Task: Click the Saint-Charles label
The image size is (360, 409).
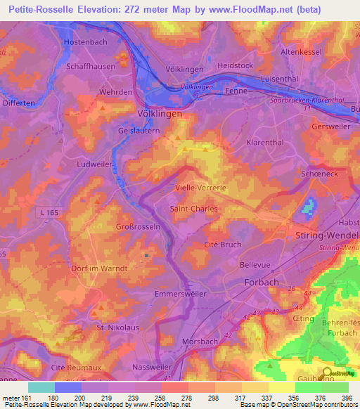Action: tap(194, 209)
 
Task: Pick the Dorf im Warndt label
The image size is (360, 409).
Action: tap(98, 268)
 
